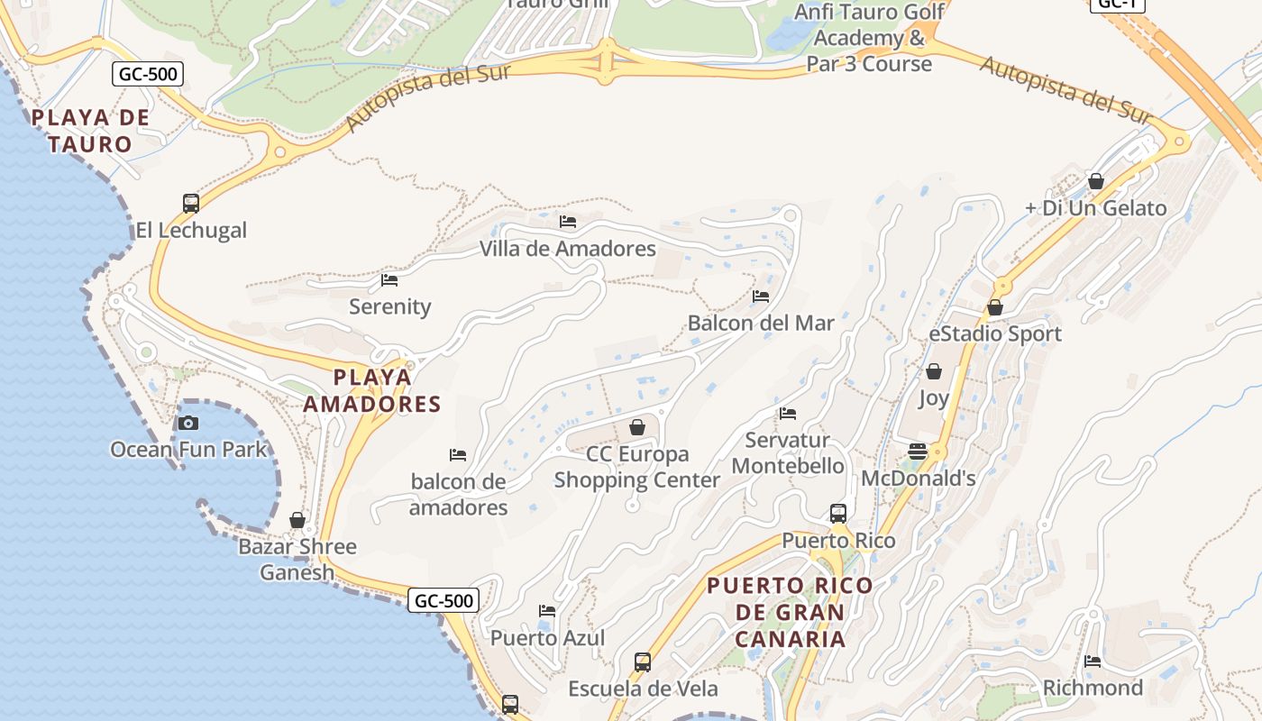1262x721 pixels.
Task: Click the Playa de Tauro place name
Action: pyautogui.click(x=90, y=131)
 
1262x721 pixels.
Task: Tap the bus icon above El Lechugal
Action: pyautogui.click(x=191, y=203)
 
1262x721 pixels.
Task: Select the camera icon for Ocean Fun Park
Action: pyautogui.click(x=188, y=423)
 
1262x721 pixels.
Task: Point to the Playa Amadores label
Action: pyautogui.click(x=372, y=390)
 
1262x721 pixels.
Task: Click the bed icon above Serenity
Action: pyautogui.click(x=389, y=280)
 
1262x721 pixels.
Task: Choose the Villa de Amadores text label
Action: pyautogui.click(x=567, y=249)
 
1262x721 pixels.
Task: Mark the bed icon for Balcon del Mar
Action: pyautogui.click(x=761, y=296)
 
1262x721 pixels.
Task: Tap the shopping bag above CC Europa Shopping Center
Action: pyautogui.click(x=637, y=427)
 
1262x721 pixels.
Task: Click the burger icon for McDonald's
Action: pyautogui.click(x=918, y=452)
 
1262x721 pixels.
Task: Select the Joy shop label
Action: pyautogui.click(x=934, y=397)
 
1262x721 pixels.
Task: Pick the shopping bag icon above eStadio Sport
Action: pyautogui.click(x=995, y=307)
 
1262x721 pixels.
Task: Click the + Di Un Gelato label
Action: pyautogui.click(x=1095, y=208)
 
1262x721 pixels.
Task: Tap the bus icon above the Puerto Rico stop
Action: pyautogui.click(x=838, y=514)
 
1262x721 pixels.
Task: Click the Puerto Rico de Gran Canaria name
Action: pyautogui.click(x=790, y=612)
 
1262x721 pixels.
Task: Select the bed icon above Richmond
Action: pyautogui.click(x=1093, y=662)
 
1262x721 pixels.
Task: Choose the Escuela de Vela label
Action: pyautogui.click(x=643, y=689)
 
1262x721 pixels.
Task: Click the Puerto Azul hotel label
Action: pyautogui.click(x=547, y=638)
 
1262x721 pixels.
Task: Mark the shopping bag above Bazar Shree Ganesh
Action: pyautogui.click(x=297, y=520)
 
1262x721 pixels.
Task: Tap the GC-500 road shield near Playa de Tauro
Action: pyautogui.click(x=148, y=74)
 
